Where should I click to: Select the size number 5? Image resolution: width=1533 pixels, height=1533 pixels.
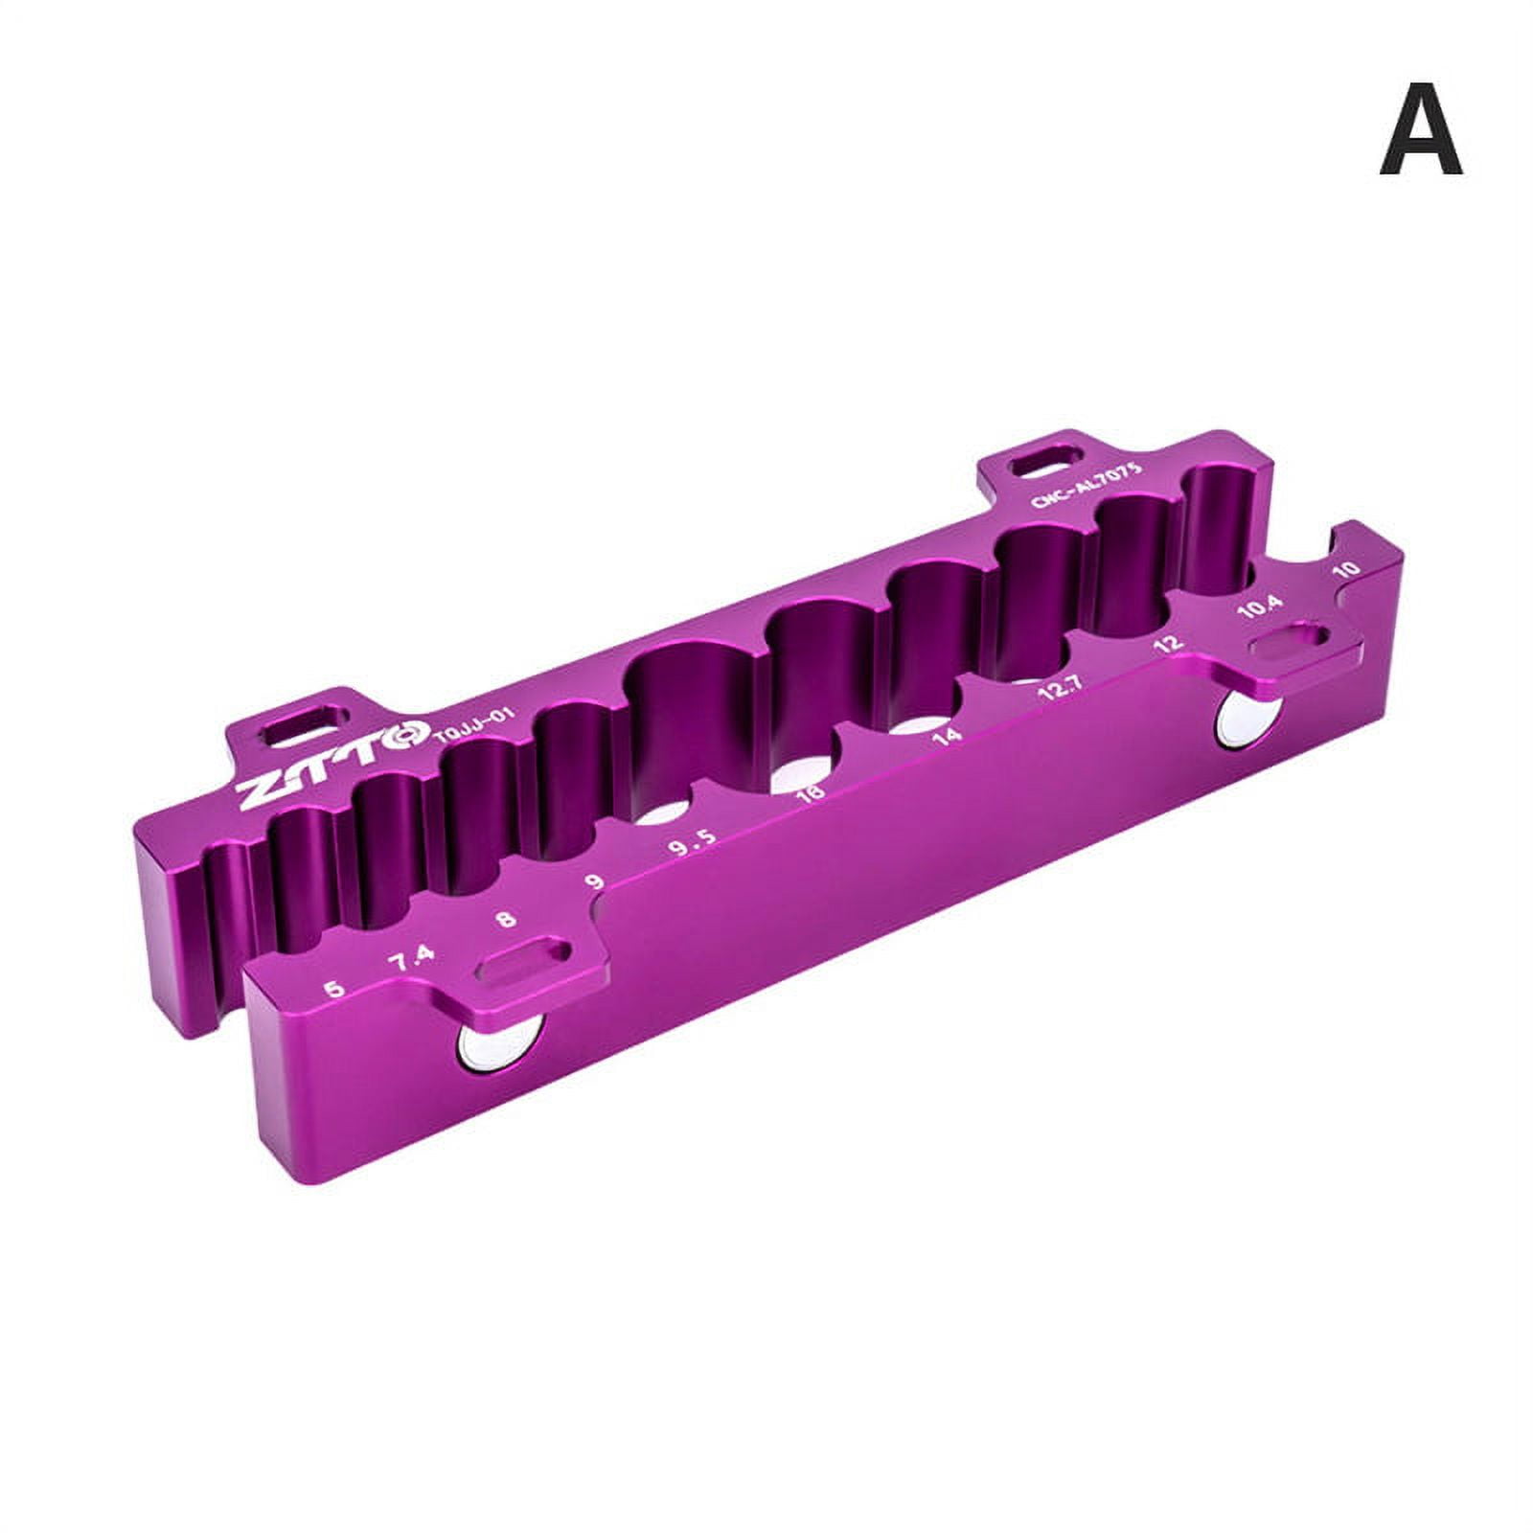click(334, 989)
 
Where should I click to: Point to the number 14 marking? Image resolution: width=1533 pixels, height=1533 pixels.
click(947, 736)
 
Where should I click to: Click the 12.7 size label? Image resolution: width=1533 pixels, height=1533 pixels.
click(1061, 690)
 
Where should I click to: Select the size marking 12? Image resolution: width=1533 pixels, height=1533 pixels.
click(1169, 644)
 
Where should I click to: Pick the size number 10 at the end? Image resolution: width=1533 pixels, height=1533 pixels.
click(1346, 568)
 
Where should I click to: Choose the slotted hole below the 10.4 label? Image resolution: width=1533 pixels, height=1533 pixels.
click(1291, 644)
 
